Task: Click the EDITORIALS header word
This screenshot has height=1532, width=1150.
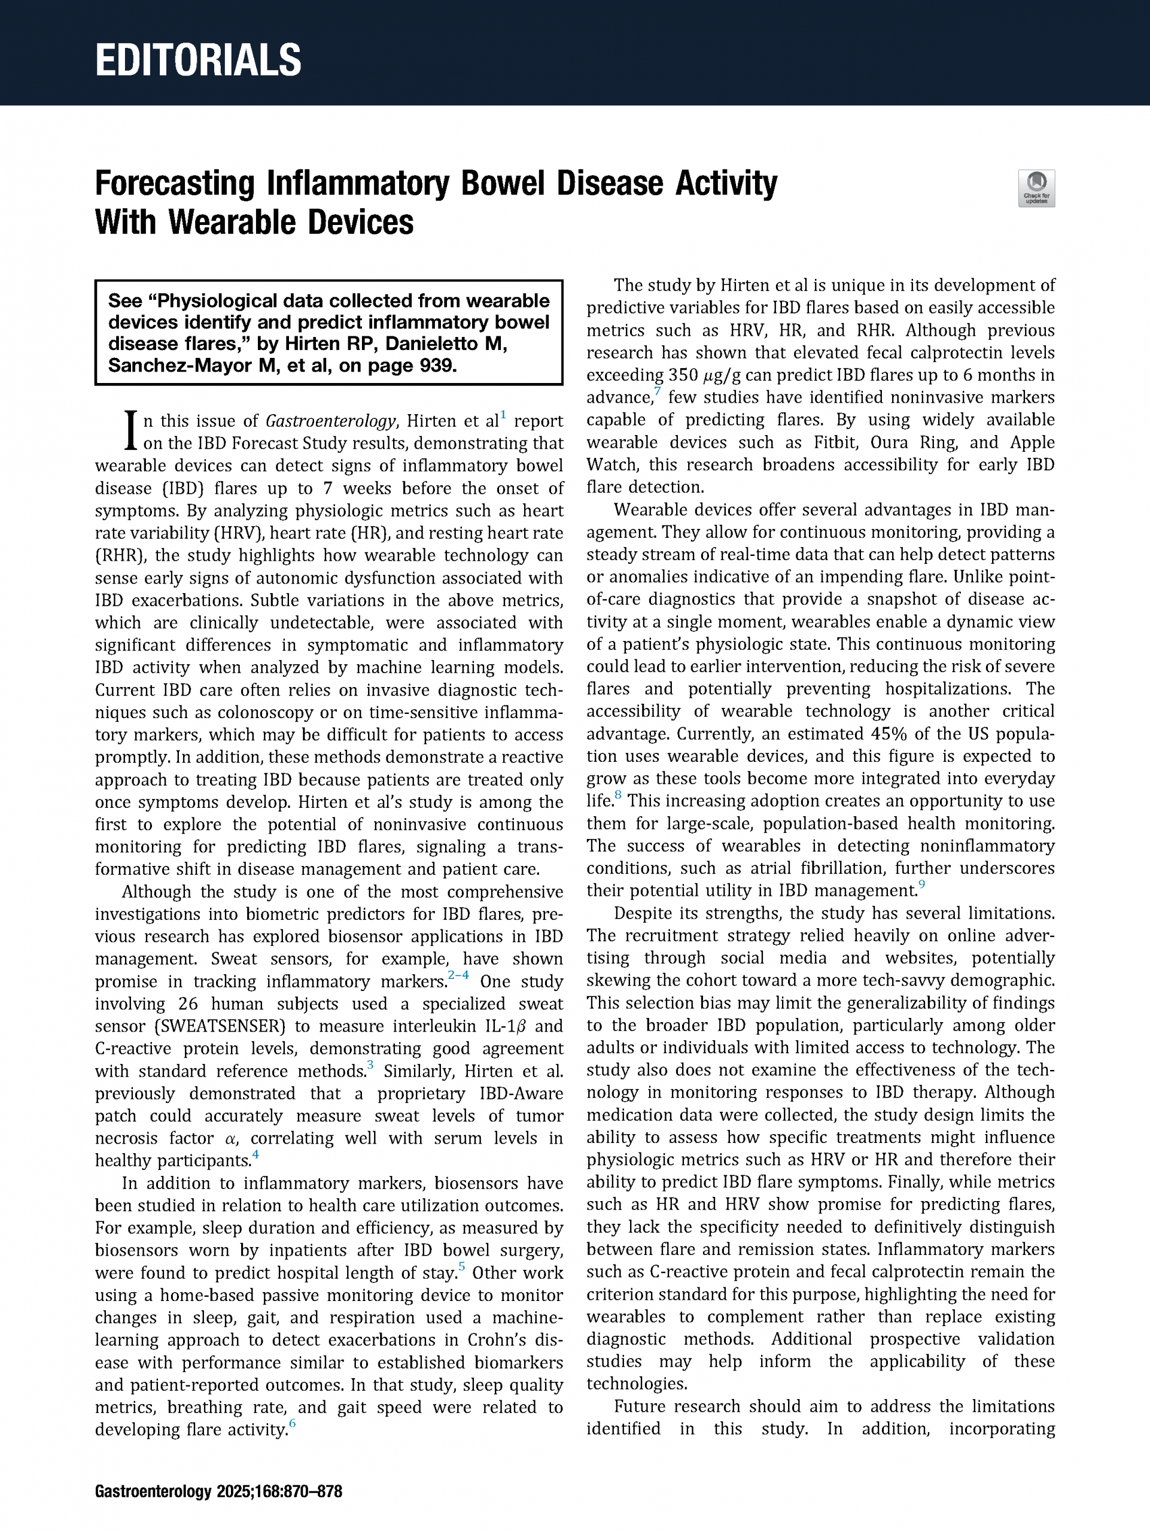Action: [x=198, y=60]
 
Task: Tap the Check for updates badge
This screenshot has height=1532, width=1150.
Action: [x=1036, y=189]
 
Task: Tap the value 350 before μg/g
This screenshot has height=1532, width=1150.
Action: [x=684, y=375]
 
